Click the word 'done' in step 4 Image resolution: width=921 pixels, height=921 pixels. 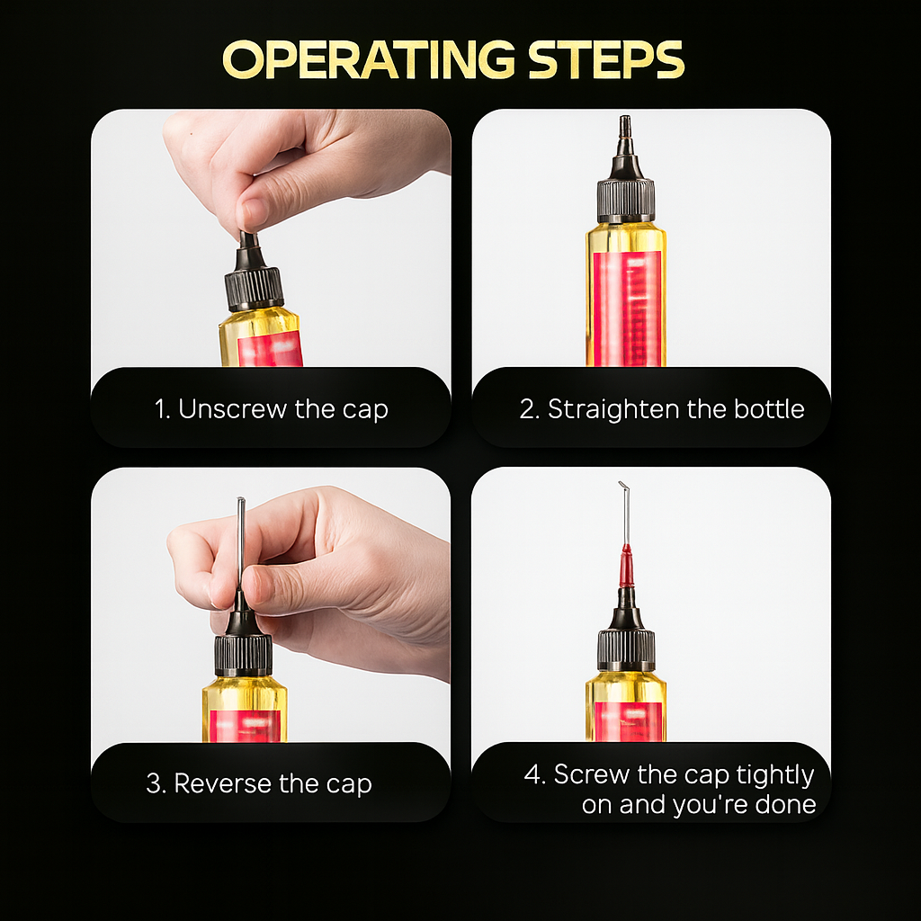click(x=785, y=805)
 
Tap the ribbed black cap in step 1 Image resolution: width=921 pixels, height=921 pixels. click(x=254, y=289)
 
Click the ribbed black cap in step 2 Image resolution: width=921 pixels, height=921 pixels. click(x=625, y=200)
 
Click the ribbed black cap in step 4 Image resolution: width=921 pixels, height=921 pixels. click(x=626, y=649)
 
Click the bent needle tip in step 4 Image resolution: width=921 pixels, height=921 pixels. click(x=622, y=488)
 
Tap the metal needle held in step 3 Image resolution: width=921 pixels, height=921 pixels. click(x=241, y=540)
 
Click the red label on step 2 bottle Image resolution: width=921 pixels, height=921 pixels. click(x=627, y=306)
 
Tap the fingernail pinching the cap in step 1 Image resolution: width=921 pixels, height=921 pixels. click(x=252, y=214)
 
